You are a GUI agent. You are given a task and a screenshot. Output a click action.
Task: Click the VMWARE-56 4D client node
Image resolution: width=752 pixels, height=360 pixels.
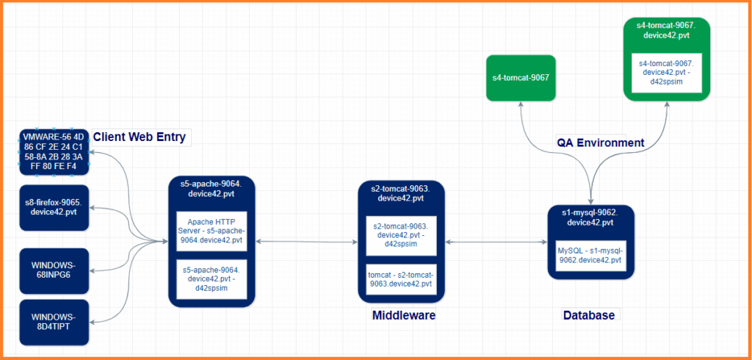click(54, 151)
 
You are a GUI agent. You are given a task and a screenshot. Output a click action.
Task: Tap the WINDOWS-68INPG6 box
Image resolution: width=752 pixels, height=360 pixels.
click(54, 269)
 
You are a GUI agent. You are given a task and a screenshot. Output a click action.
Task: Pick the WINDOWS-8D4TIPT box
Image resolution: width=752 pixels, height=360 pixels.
click(54, 322)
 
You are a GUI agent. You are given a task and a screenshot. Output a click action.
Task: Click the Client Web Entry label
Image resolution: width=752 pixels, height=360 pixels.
click(139, 137)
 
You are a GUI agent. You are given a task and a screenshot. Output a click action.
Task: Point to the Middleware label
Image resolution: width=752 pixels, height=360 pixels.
click(404, 315)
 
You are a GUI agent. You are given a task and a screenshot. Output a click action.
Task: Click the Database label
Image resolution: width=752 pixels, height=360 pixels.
click(588, 315)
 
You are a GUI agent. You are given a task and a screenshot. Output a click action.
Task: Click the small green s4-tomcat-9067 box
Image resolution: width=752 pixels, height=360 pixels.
click(521, 77)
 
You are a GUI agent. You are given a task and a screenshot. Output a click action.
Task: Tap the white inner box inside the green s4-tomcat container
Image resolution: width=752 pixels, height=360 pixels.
click(668, 72)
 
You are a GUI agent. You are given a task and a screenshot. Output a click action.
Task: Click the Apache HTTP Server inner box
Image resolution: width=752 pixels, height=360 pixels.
click(211, 231)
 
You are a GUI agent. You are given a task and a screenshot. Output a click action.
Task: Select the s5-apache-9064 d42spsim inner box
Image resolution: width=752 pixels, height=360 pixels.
click(211, 278)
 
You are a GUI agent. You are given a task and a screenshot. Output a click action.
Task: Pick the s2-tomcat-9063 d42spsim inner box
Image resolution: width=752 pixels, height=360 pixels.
click(402, 234)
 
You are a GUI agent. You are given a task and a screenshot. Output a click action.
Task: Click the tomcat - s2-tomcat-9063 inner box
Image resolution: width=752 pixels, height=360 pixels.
click(402, 279)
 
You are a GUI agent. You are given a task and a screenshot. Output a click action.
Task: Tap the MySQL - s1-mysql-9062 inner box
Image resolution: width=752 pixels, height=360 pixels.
click(590, 255)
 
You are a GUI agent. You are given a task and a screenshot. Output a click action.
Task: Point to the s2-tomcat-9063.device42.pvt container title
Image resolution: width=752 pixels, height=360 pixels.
click(402, 193)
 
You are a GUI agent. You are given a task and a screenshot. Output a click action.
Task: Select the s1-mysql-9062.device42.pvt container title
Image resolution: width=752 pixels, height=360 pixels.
click(590, 217)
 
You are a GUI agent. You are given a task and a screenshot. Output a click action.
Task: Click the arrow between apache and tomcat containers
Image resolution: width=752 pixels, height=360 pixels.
click(306, 241)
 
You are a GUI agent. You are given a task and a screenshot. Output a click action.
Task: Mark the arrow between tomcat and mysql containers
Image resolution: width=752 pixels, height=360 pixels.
click(496, 241)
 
